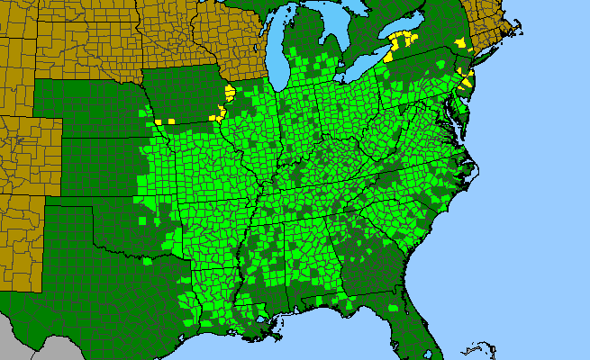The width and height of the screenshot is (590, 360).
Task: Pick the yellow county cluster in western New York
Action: (x=402, y=41)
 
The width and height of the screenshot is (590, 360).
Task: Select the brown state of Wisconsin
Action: (x=239, y=36)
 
